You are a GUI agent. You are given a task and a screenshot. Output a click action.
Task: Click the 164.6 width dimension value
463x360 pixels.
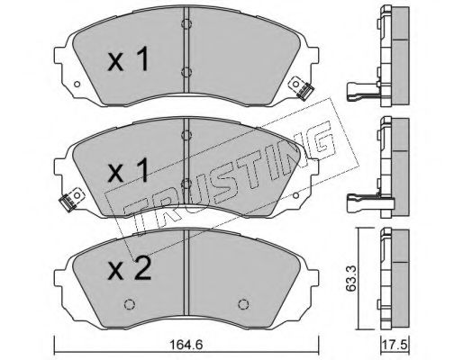[x=186, y=345]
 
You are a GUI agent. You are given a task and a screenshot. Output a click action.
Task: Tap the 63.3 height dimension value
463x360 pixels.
[x=350, y=278]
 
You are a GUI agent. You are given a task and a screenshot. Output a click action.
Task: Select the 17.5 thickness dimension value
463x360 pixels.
[x=395, y=345]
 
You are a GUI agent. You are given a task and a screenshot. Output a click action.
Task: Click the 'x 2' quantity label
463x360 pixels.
[x=130, y=269]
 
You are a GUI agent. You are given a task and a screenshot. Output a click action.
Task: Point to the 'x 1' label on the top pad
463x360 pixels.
[x=128, y=59]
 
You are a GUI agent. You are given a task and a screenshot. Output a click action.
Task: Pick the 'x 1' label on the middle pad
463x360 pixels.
[x=128, y=170]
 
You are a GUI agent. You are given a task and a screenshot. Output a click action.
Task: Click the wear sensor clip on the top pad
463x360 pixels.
[x=303, y=88]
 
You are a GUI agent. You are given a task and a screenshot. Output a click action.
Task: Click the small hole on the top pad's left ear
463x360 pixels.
[x=77, y=85]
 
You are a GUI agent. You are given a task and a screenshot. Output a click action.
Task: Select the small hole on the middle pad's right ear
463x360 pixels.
[x=295, y=196]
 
